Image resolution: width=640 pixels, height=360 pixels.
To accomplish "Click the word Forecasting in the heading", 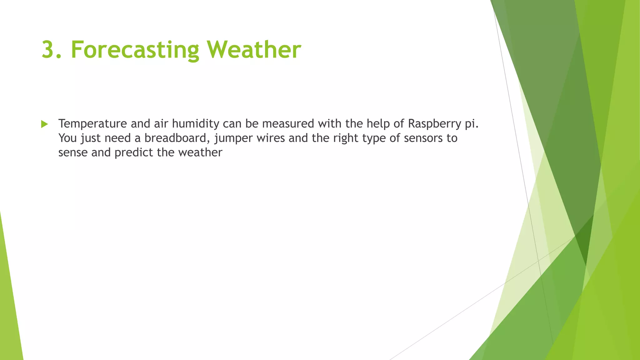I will coord(135,50).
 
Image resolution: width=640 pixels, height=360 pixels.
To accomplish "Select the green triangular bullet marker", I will coord(44,124).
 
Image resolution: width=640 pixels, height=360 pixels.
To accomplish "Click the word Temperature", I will coord(92,124).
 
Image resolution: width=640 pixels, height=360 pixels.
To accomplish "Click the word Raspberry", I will coord(434,124).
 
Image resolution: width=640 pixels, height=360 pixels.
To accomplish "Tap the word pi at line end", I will coord(471,124).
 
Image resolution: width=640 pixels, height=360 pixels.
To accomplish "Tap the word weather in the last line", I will coord(200,152).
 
